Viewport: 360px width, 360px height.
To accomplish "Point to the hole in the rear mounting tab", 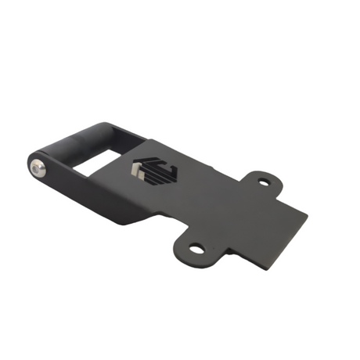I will (x=265, y=182).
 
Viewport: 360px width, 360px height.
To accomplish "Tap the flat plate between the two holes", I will (x=227, y=211).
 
